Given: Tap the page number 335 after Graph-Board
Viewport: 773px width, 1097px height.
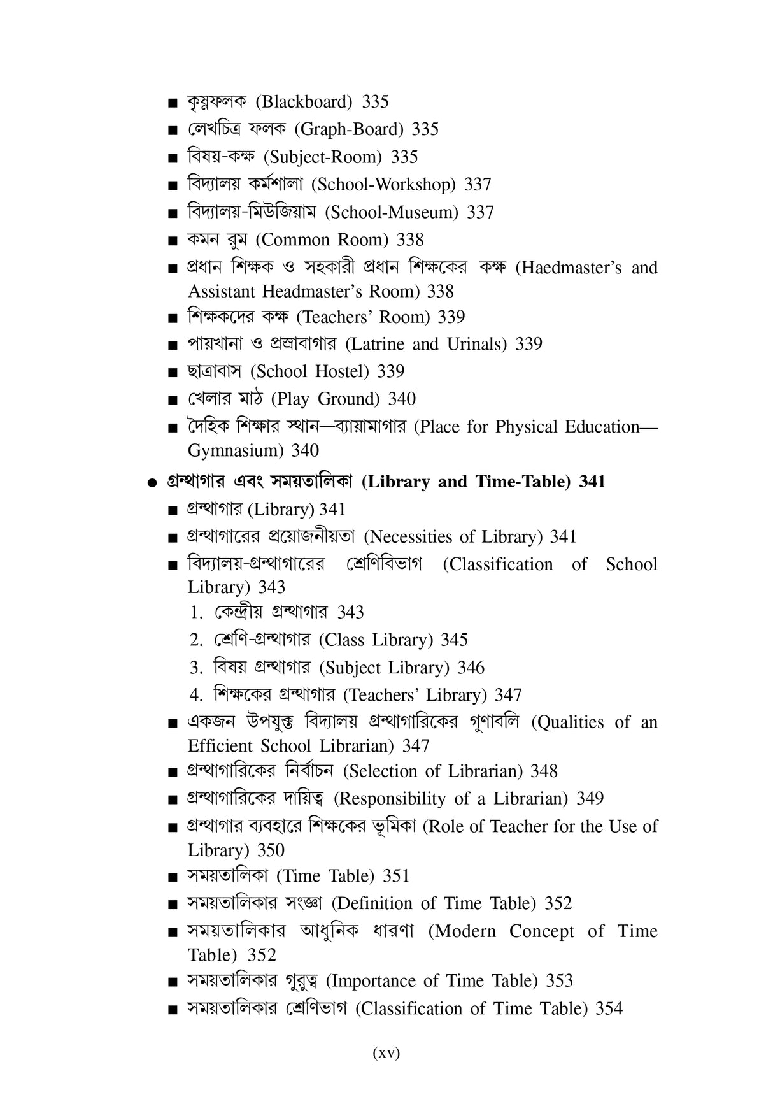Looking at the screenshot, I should click(x=425, y=129).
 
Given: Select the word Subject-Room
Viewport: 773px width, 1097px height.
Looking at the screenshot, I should click(x=322, y=157).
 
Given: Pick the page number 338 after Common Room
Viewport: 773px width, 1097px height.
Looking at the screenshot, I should click(x=410, y=240).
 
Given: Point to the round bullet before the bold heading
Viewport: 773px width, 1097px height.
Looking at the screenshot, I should click(x=151, y=483).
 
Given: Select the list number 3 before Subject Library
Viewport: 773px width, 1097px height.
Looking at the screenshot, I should click(x=195, y=668).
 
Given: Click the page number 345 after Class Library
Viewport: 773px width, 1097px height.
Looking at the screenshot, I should click(x=454, y=640).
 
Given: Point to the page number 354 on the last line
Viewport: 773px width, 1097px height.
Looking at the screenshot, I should click(x=609, y=1008).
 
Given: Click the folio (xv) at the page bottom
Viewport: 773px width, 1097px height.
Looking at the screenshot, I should click(x=386, y=1053).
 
